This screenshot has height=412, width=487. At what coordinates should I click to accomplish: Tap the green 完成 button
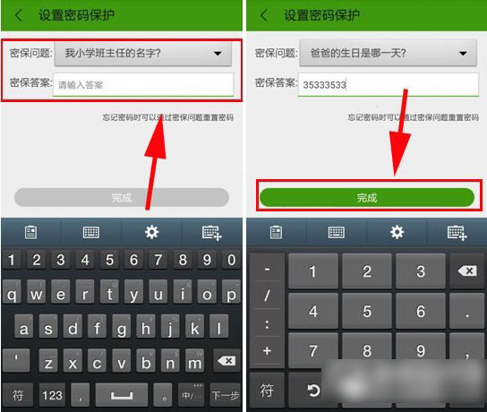click(x=366, y=198)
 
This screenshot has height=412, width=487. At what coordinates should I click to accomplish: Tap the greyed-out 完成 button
click(x=122, y=197)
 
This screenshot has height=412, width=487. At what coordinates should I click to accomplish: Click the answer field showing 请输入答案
click(x=143, y=85)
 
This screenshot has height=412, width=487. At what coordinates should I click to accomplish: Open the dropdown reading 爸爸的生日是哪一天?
click(x=385, y=54)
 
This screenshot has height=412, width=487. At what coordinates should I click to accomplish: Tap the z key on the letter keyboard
click(x=49, y=363)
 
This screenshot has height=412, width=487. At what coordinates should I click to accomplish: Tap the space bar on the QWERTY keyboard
click(x=122, y=395)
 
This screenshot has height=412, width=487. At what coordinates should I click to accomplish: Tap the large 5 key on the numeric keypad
click(x=367, y=313)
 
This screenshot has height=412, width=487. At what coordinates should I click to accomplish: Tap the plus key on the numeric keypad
click(x=268, y=350)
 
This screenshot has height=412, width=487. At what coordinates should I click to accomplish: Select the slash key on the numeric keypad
click(x=268, y=296)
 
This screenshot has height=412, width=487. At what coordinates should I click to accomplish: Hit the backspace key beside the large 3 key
click(x=467, y=270)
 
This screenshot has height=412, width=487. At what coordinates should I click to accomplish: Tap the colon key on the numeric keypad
click(x=268, y=323)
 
